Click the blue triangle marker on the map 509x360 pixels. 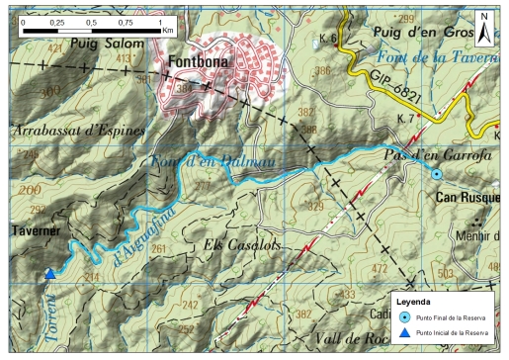[49, 275]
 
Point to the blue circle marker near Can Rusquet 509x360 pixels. [437, 174]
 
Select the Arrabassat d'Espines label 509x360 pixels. [79, 131]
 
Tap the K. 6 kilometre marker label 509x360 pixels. [330, 38]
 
